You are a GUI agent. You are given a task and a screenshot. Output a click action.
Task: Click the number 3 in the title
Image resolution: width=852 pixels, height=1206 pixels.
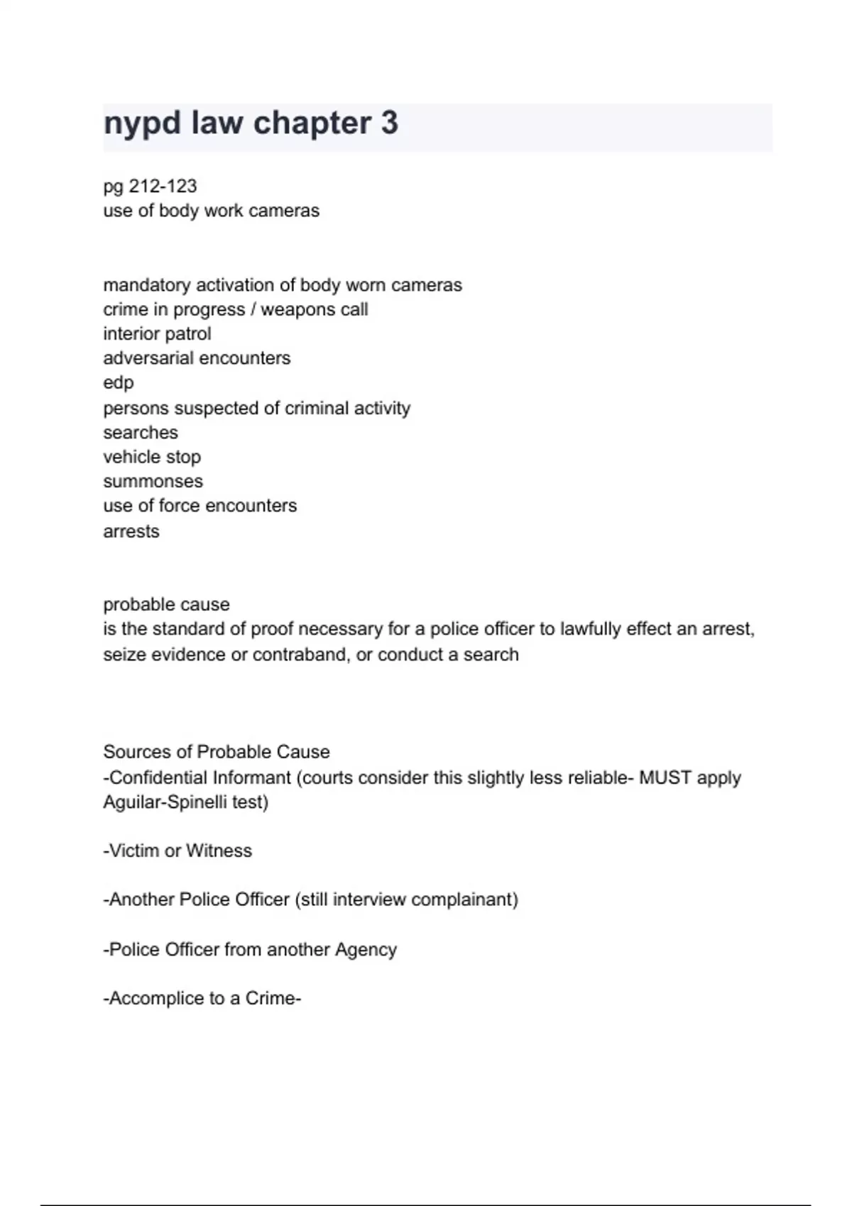[389, 123]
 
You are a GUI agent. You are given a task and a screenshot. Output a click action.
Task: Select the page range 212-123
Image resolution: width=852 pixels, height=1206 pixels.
[163, 186]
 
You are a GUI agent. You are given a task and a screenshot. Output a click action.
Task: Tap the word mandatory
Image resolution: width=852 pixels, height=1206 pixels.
[147, 285]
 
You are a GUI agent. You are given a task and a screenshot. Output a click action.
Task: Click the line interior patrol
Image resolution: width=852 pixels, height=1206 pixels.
[157, 333]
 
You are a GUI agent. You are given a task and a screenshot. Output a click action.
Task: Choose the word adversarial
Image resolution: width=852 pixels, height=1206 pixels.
[148, 358]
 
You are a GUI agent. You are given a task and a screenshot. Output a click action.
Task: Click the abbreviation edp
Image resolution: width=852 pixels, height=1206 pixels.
[119, 383]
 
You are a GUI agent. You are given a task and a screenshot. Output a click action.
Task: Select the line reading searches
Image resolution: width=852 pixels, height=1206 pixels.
[141, 433]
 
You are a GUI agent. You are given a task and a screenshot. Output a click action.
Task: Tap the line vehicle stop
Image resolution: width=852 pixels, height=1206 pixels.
[152, 457]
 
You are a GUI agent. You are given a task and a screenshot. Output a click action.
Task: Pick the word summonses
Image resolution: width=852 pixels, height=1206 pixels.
[153, 482]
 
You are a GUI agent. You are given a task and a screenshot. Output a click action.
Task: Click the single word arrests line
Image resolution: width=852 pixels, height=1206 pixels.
[131, 531]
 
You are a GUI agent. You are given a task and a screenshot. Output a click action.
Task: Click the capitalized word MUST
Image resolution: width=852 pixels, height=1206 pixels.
[665, 778]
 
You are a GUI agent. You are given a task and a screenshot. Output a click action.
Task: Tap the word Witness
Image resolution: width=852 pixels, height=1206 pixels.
[219, 851]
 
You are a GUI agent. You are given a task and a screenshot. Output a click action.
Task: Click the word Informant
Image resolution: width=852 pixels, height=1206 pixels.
[252, 778]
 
